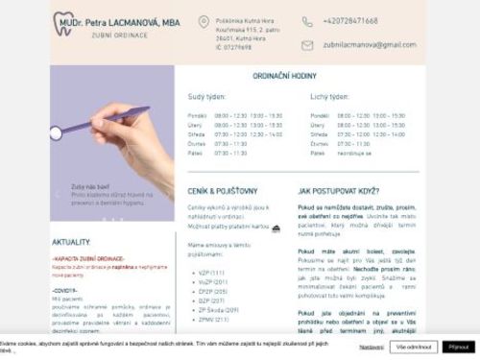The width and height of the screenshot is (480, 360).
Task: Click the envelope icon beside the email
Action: (x=307, y=45)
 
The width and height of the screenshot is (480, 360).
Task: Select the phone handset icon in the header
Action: (x=307, y=21)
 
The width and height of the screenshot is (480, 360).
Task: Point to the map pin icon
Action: (x=204, y=22)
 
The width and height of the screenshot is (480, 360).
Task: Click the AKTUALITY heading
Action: (x=71, y=243)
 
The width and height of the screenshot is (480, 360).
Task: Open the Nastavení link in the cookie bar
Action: (x=372, y=346)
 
